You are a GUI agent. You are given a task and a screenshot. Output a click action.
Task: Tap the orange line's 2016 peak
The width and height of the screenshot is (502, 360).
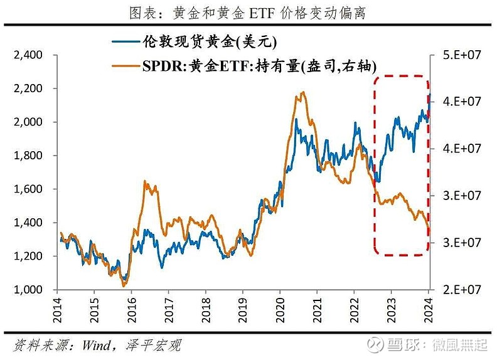tap(145, 181)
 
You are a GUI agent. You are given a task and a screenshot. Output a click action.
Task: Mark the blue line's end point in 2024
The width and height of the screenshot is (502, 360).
tap(430, 94)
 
